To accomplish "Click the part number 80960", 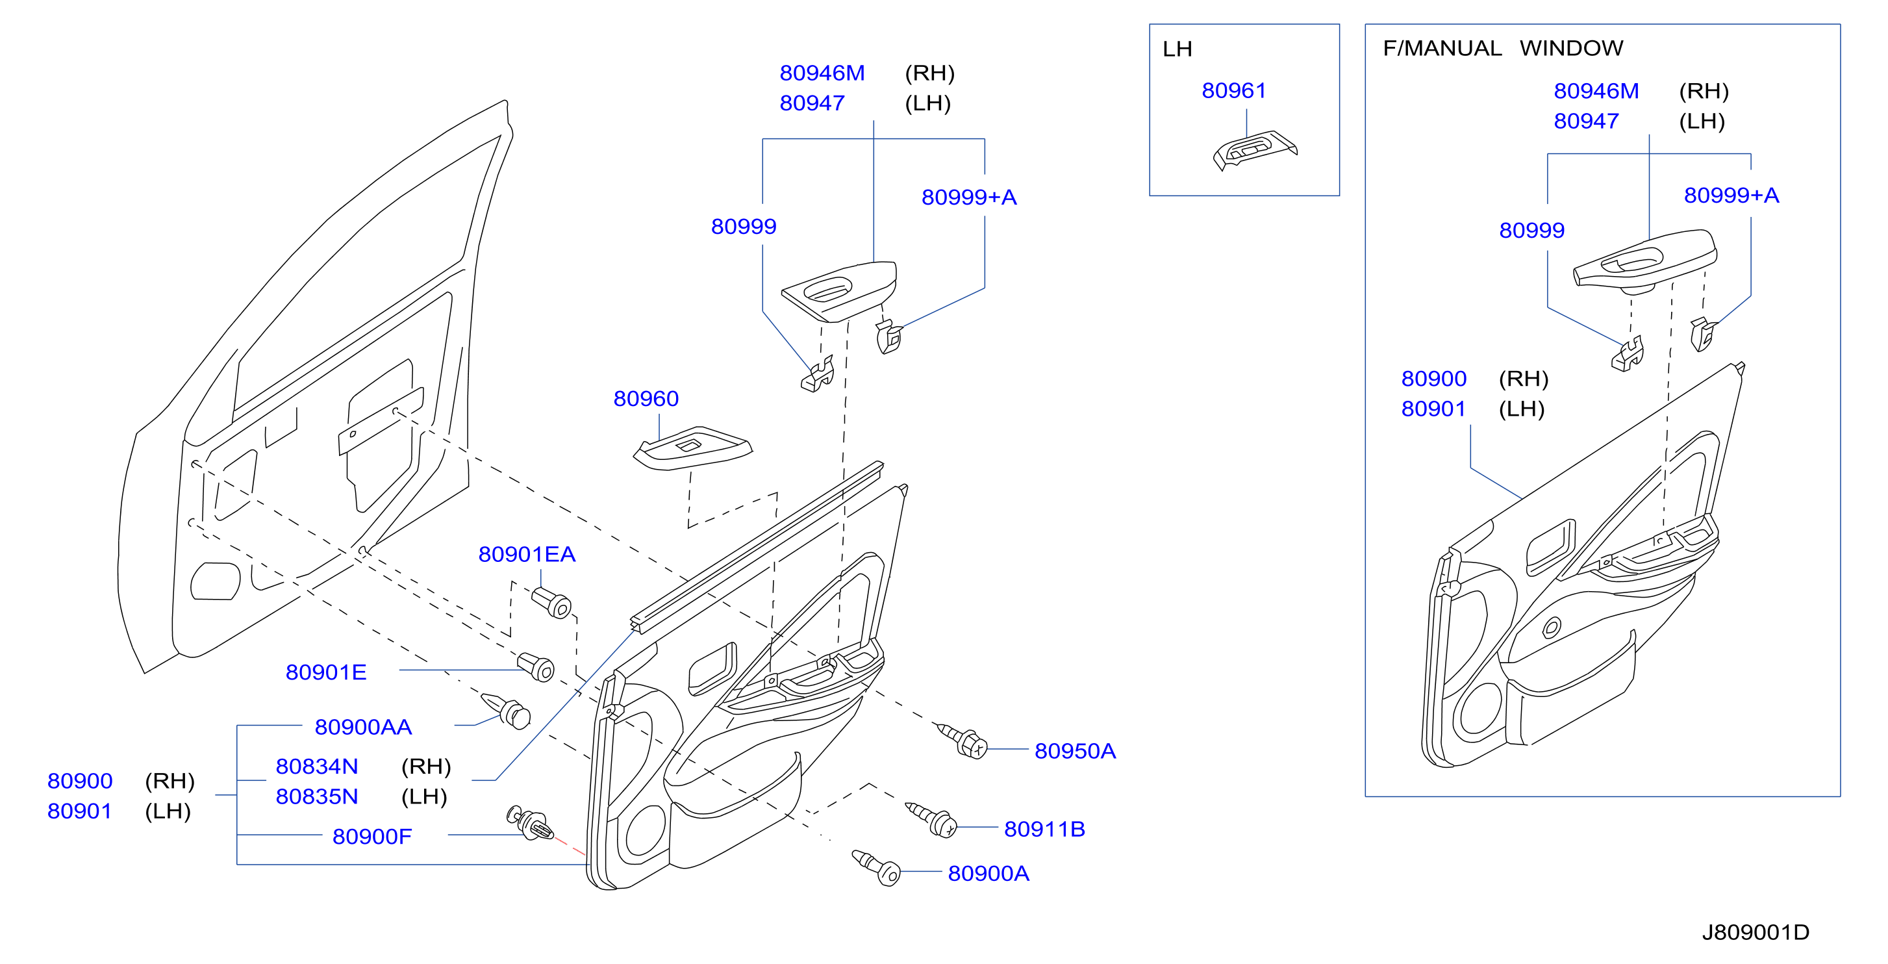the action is (646, 398).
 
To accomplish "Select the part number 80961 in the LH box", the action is (1234, 90).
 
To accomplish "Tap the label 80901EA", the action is (527, 554).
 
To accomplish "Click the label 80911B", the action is (1044, 829).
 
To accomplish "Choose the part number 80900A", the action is (988, 873).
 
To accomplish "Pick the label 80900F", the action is (372, 837).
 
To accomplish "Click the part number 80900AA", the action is (364, 727).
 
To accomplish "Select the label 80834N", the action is (317, 766).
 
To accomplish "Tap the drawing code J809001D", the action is (1756, 932).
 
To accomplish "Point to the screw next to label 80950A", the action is (962, 740).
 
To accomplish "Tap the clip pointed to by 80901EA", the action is (551, 603).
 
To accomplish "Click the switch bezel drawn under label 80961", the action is (1255, 150).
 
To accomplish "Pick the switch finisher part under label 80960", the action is (692, 447).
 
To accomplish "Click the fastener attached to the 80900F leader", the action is (529, 823).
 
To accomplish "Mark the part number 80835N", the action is (317, 797).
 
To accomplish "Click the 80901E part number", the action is (326, 672).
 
